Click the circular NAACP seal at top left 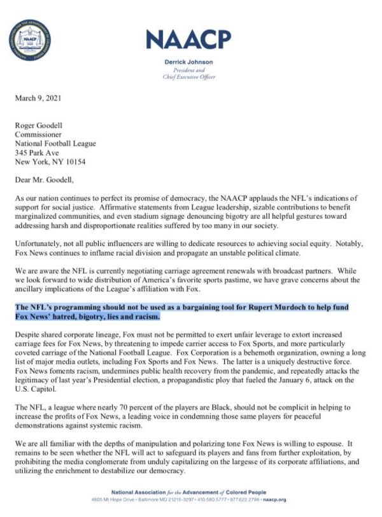pos(30,40)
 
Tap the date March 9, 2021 pos(38,99)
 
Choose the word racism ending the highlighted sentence pos(146,316)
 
